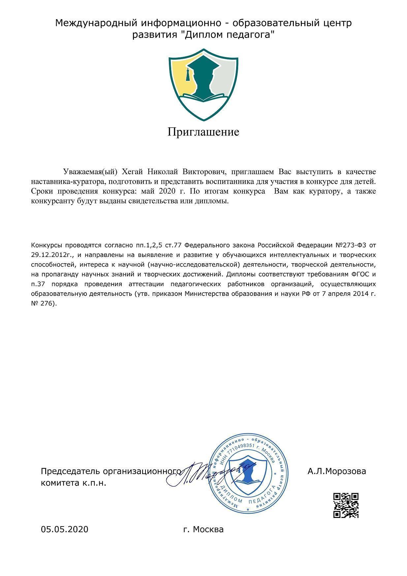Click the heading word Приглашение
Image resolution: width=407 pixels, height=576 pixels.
click(203, 132)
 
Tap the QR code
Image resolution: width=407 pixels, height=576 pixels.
click(346, 505)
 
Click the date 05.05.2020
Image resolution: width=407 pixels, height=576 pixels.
click(65, 529)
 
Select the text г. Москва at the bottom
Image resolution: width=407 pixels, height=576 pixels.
click(203, 529)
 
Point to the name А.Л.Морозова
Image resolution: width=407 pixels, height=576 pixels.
click(336, 471)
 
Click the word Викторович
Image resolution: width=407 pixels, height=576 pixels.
click(204, 172)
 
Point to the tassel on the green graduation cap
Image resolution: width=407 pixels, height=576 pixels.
click(188, 75)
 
